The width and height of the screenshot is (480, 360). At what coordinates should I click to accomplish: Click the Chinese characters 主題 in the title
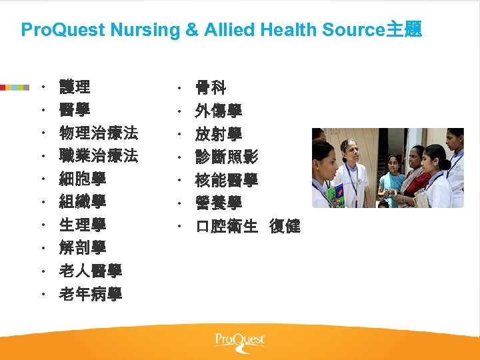point(404,30)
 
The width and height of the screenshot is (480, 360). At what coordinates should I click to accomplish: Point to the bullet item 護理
point(75,87)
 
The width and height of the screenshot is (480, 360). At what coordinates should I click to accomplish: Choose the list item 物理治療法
point(98,133)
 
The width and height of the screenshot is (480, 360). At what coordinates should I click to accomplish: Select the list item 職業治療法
point(98,156)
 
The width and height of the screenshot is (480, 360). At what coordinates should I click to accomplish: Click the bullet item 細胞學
point(83,179)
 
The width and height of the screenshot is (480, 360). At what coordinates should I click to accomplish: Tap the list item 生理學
point(83,225)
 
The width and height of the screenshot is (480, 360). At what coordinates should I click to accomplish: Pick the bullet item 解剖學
point(83,248)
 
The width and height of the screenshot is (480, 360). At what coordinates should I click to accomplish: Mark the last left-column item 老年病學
point(91,294)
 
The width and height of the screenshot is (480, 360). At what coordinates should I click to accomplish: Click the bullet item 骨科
point(211,87)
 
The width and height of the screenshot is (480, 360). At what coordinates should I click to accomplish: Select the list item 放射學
point(219,133)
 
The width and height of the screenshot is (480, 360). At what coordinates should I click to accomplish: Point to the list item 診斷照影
point(227,157)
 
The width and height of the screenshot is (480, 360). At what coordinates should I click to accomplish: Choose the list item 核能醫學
point(227,180)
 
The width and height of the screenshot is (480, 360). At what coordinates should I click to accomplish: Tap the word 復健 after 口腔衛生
point(285,227)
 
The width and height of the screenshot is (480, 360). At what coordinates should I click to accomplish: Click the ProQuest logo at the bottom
point(240,341)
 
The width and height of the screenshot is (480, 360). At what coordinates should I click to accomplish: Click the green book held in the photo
point(335,194)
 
